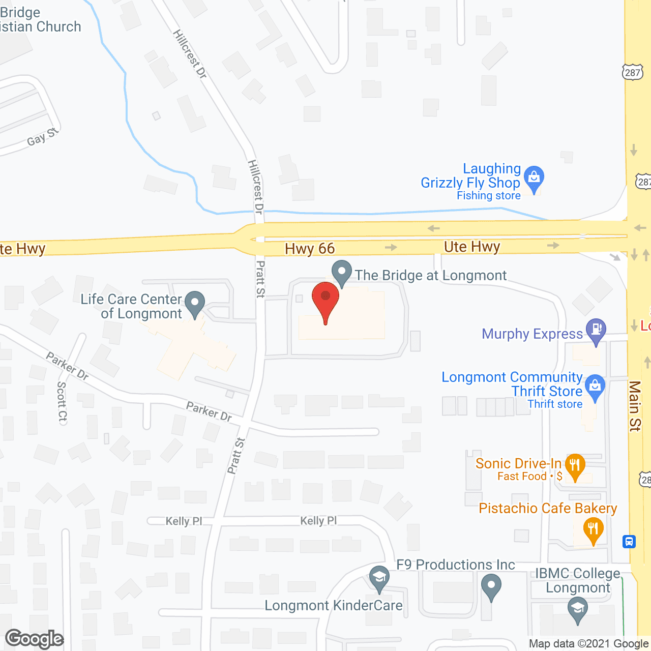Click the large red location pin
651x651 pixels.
(325, 301)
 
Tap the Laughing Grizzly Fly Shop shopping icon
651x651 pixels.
(534, 178)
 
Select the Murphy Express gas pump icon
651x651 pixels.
(596, 331)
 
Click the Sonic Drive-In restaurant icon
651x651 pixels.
(575, 465)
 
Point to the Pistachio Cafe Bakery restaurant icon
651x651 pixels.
(593, 529)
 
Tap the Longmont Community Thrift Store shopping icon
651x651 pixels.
(595, 387)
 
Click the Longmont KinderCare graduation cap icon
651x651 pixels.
(379, 578)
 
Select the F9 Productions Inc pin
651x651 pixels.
(491, 586)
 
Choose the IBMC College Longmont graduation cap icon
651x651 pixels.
(577, 609)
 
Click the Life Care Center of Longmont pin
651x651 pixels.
(194, 303)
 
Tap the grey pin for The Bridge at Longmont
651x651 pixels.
(342, 273)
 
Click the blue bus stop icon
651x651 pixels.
(629, 541)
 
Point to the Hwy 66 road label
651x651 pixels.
(310, 249)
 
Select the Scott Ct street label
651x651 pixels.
(62, 402)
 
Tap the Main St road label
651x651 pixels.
(635, 406)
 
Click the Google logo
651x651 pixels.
(35, 639)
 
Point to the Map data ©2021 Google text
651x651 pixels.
(589, 644)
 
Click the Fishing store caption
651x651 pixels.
(489, 196)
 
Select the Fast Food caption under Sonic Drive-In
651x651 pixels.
(522, 477)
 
